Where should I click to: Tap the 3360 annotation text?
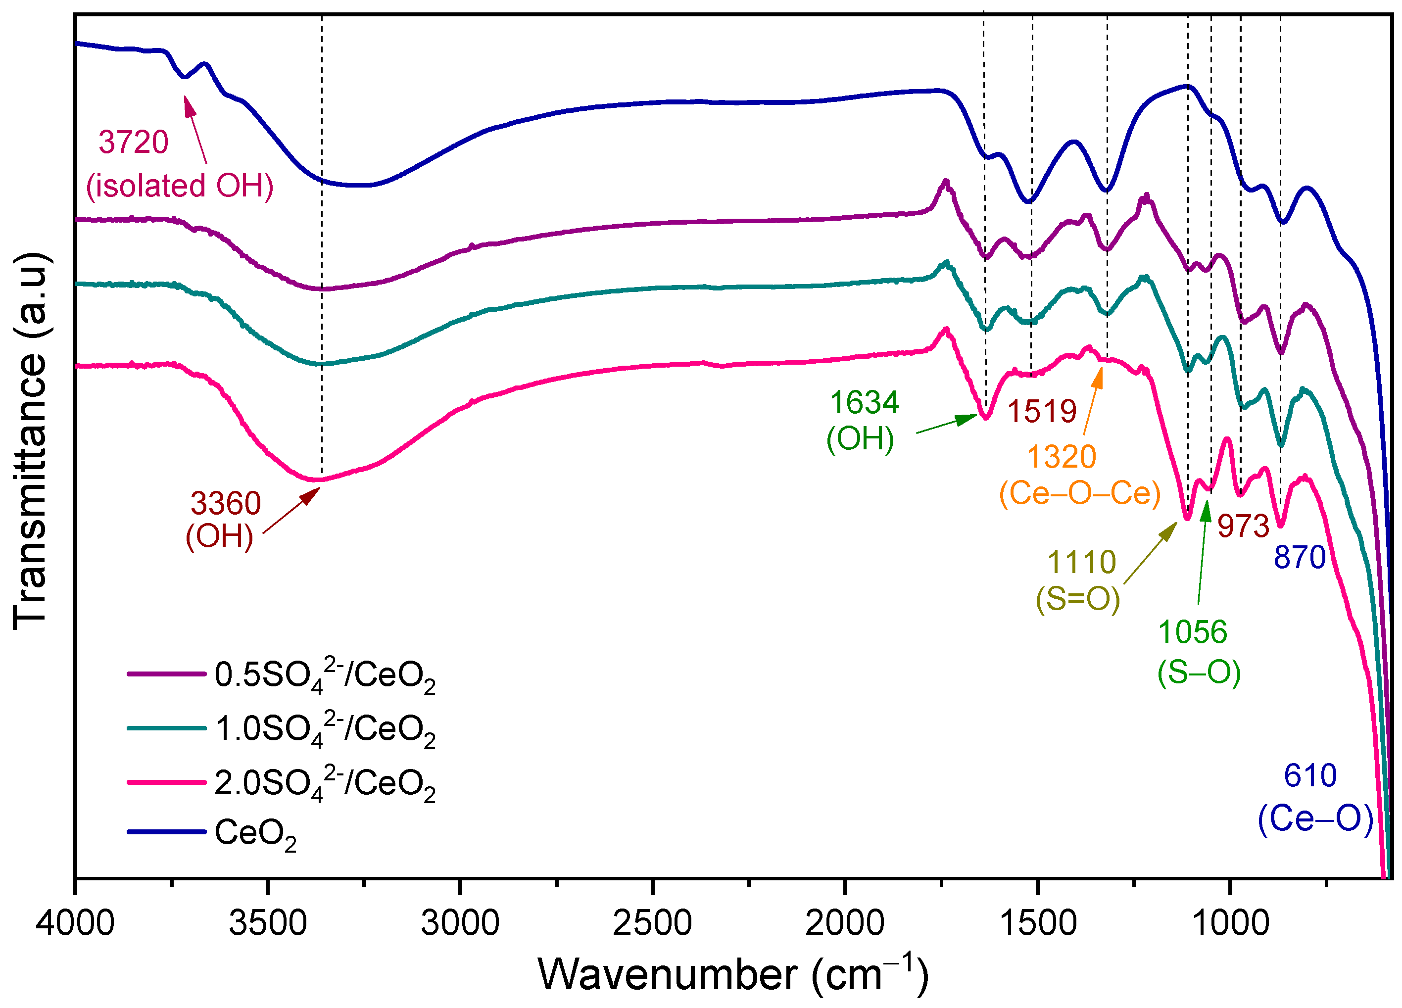(226, 503)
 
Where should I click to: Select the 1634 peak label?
(864, 402)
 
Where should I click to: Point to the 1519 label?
(1042, 411)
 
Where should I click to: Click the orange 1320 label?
(1062, 457)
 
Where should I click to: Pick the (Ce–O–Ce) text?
(1080, 493)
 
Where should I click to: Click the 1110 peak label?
(1081, 563)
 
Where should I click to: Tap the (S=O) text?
(1078, 598)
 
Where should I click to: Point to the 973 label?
(1243, 526)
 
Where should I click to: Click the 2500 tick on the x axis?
(652, 923)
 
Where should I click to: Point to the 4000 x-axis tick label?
(75, 923)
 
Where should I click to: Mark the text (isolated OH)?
(179, 186)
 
